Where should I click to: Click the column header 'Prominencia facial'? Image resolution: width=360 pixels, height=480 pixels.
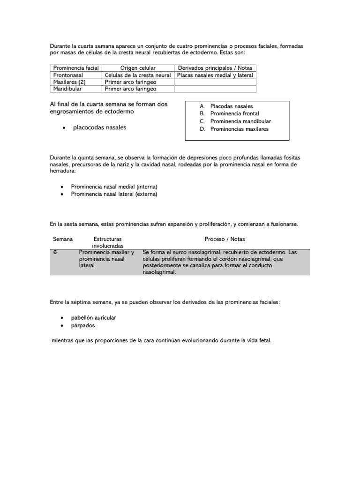coord(76,68)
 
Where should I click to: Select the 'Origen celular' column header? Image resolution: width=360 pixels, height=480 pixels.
coord(138,68)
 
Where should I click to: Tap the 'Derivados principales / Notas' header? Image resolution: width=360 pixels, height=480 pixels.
coord(215,68)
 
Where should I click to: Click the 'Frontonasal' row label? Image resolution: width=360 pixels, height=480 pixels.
coord(68,75)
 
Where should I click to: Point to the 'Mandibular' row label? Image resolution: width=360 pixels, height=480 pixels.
coord(67,89)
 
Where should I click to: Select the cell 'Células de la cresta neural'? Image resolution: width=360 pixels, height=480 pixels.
coord(138,75)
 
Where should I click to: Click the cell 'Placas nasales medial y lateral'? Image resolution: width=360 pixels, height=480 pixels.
coord(215,75)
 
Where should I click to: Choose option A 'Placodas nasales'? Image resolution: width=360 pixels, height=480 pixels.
coord(231,106)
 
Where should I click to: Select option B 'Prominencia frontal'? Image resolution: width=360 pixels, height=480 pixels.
coord(234,114)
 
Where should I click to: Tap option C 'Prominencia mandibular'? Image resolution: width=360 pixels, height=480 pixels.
coord(240,121)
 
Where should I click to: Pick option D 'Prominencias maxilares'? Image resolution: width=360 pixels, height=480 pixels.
coord(240,129)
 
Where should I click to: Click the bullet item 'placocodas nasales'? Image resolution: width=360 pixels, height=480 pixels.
coord(99,127)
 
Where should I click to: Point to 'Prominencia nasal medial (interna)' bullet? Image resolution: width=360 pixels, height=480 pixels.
coord(114,187)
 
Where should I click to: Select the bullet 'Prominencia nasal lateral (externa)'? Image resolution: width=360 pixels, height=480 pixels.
coord(114,194)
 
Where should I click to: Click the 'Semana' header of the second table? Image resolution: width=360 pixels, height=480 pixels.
coord(63,239)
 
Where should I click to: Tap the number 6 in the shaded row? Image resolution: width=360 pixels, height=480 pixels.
coord(55,252)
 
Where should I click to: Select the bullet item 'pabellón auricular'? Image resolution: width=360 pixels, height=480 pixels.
coord(93,318)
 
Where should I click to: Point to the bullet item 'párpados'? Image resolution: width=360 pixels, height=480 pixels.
coord(83,325)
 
